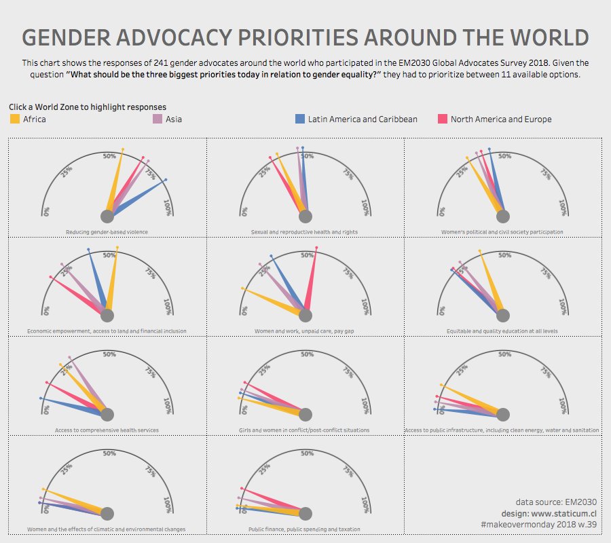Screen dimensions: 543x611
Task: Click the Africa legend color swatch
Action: (x=15, y=119)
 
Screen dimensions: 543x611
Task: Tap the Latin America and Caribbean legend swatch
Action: (x=299, y=119)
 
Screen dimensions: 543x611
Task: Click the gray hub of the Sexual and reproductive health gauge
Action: (x=305, y=217)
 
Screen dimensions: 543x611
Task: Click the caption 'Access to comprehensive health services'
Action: (x=107, y=430)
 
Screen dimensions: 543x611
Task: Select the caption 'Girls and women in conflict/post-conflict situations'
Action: (x=304, y=430)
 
